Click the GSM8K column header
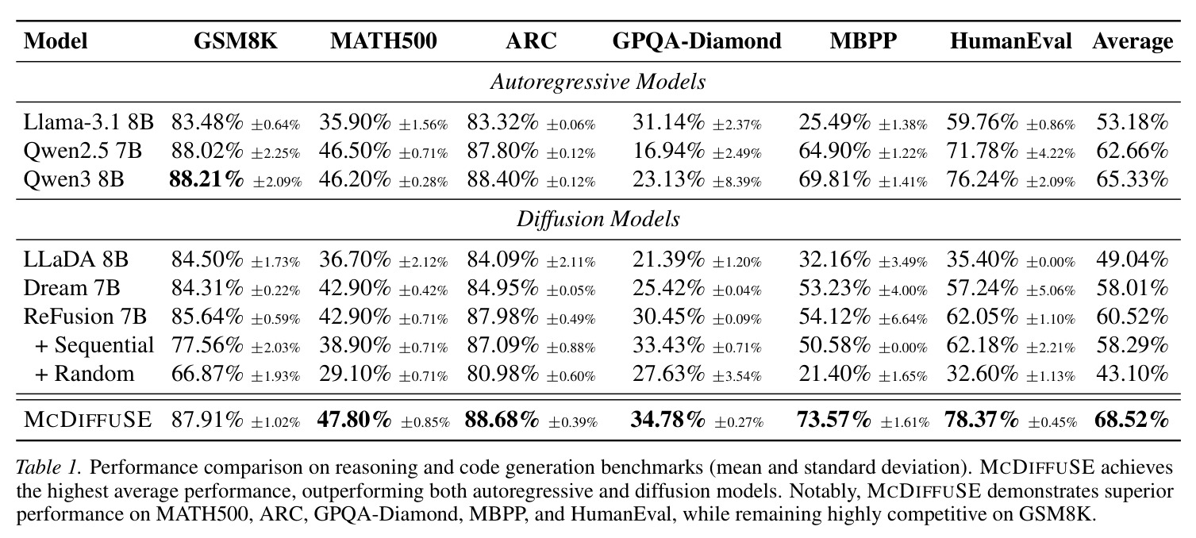236,41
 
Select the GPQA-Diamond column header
696,41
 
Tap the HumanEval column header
1011,41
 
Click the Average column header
1133,41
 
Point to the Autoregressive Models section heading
598,83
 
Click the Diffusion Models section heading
598,219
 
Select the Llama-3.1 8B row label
89,122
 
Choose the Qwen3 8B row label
74,179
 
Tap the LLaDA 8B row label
76,259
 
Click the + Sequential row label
94,345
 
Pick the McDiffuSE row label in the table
87,420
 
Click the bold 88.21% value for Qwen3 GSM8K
206,179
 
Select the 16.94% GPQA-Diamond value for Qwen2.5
668,151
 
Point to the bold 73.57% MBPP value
833,420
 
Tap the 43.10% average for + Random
1133,374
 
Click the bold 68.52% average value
1132,420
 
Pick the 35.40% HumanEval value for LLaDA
983,260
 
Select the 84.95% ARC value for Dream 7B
502,288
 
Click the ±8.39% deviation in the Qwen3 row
736,182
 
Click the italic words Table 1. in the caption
48,467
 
